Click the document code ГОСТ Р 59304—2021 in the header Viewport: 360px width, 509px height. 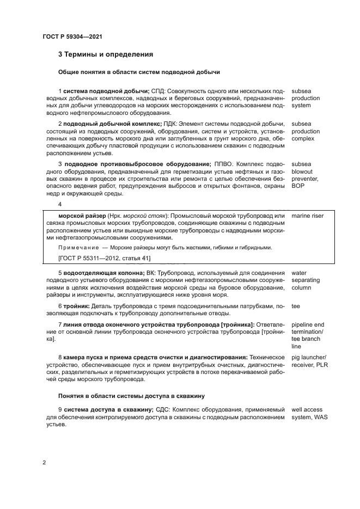coord(72,36)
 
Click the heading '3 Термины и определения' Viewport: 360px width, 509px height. coord(105,54)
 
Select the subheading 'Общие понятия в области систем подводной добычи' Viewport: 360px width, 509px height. coord(138,72)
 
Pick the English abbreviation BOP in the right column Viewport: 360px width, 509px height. coord(298,186)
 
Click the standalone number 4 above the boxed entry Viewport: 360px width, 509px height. coord(60,205)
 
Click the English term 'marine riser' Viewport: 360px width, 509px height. coord(307,216)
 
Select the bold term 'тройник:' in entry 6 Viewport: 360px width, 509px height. coord(76,306)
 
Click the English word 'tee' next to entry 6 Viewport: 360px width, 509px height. coord(296,306)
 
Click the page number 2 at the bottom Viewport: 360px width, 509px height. coord(44,463)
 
